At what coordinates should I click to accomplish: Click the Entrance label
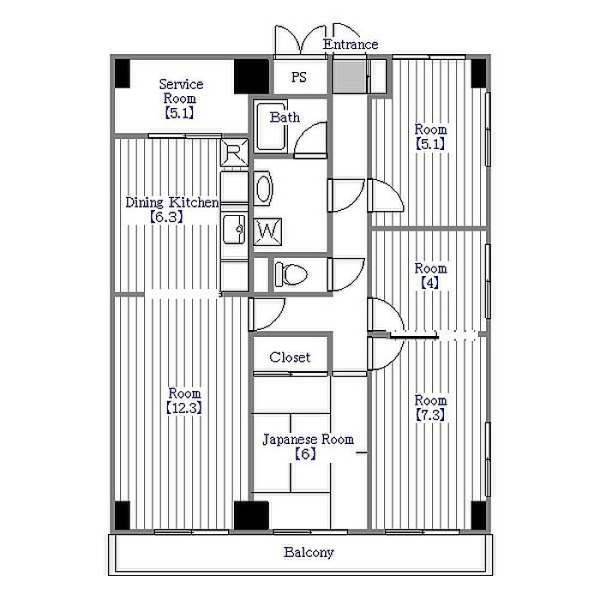(350, 44)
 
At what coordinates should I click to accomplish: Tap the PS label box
(298, 76)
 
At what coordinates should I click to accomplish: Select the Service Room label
(181, 91)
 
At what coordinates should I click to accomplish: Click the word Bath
(284, 117)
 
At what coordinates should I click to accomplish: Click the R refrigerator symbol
(234, 154)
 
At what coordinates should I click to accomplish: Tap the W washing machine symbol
(267, 231)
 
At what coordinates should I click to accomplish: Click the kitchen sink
(233, 229)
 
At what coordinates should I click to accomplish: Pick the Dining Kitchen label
(171, 202)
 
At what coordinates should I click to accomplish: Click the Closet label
(290, 357)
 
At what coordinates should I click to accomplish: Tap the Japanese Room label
(307, 439)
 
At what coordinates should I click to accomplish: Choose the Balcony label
(309, 553)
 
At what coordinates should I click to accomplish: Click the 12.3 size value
(183, 408)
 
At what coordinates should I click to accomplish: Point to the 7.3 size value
(430, 416)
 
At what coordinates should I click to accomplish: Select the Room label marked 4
(430, 267)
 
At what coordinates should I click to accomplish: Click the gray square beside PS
(346, 77)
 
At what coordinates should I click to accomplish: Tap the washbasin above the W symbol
(263, 188)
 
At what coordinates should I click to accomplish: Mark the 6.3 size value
(167, 217)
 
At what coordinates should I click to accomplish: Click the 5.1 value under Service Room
(181, 112)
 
